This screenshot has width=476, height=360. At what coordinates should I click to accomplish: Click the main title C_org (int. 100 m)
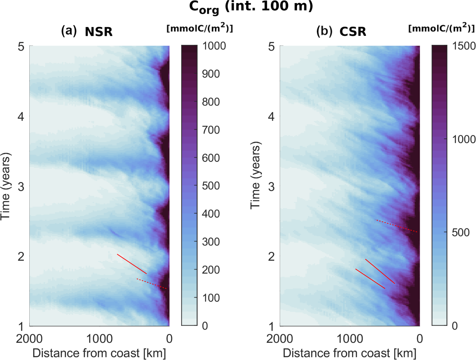(x=251, y=7)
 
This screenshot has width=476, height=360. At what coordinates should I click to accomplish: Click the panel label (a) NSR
(x=87, y=31)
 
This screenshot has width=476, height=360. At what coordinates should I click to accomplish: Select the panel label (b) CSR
(x=341, y=31)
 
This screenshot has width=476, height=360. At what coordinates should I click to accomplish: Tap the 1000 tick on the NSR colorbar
(x=214, y=46)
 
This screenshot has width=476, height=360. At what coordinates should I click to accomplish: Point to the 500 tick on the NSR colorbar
(x=211, y=186)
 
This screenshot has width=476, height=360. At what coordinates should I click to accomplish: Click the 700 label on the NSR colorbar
(x=211, y=130)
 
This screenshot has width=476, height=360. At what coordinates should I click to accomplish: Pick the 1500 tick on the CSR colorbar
(x=464, y=46)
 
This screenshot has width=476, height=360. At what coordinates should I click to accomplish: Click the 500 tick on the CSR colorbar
(x=461, y=232)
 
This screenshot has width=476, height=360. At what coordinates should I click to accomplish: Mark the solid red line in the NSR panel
(x=132, y=264)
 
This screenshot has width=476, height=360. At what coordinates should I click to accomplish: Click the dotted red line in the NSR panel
(x=152, y=284)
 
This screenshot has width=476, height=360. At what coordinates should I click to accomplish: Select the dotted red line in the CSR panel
(x=397, y=226)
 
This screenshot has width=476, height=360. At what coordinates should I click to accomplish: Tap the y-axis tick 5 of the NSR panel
(x=21, y=46)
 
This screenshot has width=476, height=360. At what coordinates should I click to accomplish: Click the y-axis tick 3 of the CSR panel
(x=271, y=186)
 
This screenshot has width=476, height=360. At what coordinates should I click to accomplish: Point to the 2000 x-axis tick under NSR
(x=29, y=339)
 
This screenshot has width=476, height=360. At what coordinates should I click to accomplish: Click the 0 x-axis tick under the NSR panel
(x=169, y=339)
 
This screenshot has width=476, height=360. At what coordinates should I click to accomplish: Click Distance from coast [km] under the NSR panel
(x=99, y=353)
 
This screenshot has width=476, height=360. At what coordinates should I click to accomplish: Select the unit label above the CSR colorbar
(x=442, y=28)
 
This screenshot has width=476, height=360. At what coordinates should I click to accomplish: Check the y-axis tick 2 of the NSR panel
(x=21, y=256)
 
